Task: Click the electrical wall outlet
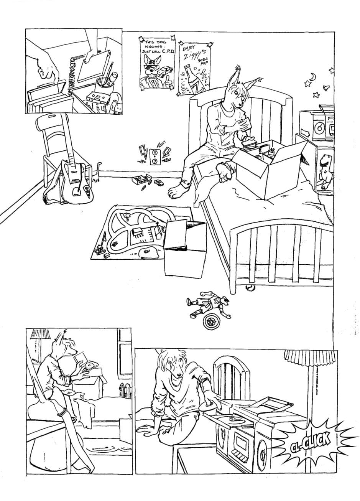pos(154,157)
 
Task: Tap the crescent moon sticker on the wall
pos(312,77)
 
